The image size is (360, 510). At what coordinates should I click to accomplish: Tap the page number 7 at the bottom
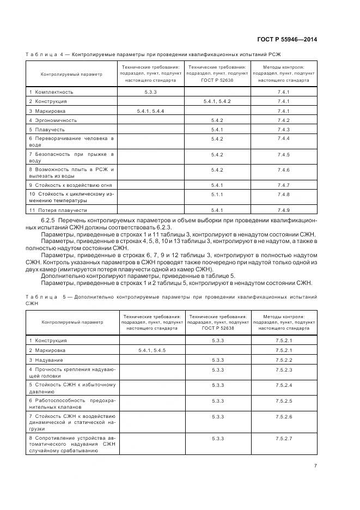[315, 465]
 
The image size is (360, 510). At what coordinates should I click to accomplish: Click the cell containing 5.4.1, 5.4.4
[151, 111]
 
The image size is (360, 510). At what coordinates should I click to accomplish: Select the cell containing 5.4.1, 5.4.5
[152, 350]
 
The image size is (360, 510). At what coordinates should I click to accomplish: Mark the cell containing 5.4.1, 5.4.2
[217, 101]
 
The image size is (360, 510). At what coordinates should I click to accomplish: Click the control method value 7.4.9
[283, 209]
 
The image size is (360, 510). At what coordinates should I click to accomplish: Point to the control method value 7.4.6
[283, 170]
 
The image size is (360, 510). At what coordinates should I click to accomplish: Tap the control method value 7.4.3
[283, 129]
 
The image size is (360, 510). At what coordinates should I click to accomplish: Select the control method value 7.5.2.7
[284, 438]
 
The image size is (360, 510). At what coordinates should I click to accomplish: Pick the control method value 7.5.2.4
[284, 385]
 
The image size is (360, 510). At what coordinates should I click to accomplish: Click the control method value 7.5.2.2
[284, 360]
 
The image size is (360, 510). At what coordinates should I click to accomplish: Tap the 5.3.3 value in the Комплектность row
[151, 92]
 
